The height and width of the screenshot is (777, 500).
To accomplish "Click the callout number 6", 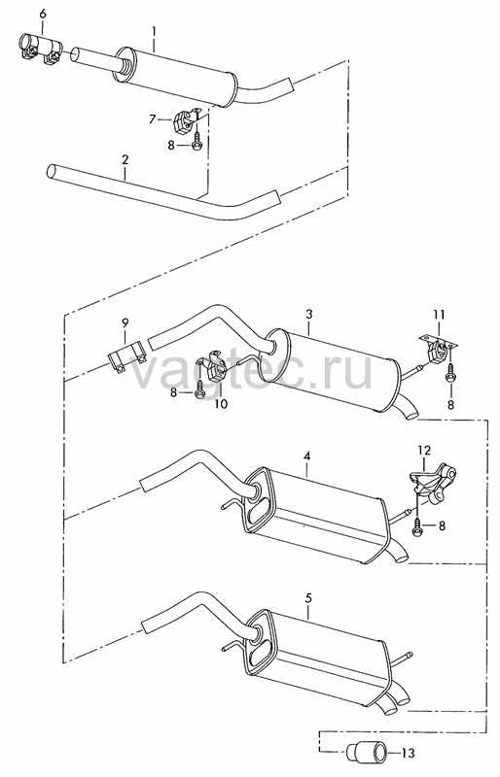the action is tap(42, 14).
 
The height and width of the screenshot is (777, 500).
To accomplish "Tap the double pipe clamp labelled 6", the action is tap(39, 50).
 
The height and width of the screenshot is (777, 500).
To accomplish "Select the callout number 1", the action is tap(154, 33).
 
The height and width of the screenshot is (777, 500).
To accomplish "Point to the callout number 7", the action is tap(153, 118).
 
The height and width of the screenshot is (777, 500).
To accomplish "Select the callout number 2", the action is tap(125, 159).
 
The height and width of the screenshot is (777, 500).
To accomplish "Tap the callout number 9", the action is tap(125, 322).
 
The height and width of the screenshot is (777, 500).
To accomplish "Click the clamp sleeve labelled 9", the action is tap(126, 356).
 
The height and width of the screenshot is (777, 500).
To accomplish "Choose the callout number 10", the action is tap(221, 404).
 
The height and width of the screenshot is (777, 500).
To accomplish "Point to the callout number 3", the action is tap(308, 314).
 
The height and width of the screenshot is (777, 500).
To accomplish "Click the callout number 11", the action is tap(439, 315).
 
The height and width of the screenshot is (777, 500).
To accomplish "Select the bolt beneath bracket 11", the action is tap(450, 373).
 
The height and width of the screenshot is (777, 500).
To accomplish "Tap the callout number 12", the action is tap(424, 451).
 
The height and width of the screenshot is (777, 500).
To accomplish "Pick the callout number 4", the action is tap(307, 456).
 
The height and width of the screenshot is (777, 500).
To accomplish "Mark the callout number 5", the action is tap(308, 598).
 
